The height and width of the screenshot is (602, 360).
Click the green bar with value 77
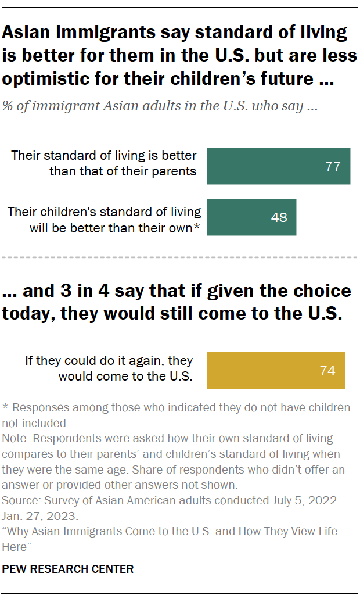point(278,166)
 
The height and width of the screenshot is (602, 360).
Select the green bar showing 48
point(251,217)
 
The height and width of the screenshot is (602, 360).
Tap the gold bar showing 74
point(276,370)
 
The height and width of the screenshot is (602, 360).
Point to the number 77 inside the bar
point(333,166)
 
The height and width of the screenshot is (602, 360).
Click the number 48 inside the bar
point(279,218)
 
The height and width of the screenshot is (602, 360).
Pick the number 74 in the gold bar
point(327,371)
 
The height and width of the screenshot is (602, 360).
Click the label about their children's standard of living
point(105,220)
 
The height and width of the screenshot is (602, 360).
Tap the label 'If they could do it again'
point(109,368)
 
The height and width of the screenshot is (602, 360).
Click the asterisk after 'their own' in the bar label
point(197,227)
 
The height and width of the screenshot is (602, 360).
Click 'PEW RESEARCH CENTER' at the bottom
point(68,569)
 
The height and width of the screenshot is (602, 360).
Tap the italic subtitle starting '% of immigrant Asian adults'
point(160,107)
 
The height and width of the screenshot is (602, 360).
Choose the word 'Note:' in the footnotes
point(16,438)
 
